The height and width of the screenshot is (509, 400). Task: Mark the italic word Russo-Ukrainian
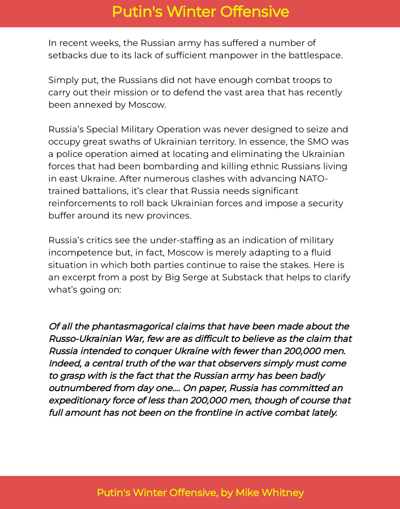coord(86,338)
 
